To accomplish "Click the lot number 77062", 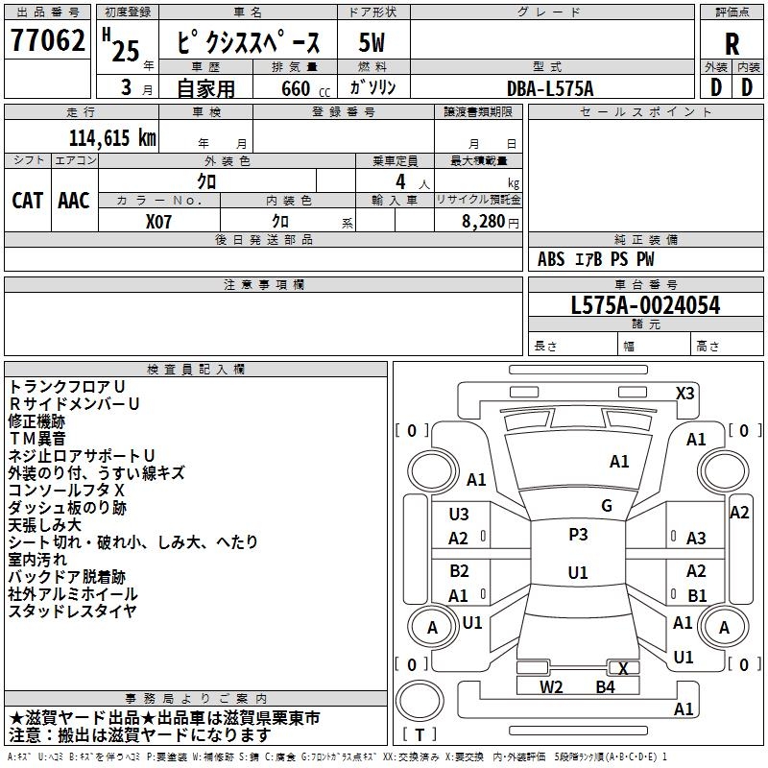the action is click(x=47, y=40).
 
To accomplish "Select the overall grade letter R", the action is click(x=732, y=44).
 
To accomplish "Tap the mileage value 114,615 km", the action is click(x=112, y=138).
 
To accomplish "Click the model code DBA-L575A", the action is click(x=550, y=88).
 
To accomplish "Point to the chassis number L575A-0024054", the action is click(x=645, y=305).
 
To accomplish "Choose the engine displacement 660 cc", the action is click(x=305, y=88).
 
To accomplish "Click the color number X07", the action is click(x=158, y=222).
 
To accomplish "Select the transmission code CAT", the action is click(x=28, y=201).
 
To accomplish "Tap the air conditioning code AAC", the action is click(x=74, y=201).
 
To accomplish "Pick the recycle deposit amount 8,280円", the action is click(x=491, y=222).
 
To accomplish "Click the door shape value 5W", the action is click(x=372, y=42).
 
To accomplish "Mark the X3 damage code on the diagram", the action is click(x=684, y=394).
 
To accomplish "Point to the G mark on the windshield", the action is click(x=607, y=506).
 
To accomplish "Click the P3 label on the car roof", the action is click(x=578, y=535).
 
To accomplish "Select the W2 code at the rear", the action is click(x=551, y=687).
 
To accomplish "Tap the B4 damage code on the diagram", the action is click(x=605, y=687).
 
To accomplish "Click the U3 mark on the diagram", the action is click(x=459, y=515).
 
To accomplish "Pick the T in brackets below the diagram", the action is click(x=420, y=734).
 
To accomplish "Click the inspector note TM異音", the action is click(x=37, y=439).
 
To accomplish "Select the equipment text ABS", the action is click(x=551, y=259).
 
